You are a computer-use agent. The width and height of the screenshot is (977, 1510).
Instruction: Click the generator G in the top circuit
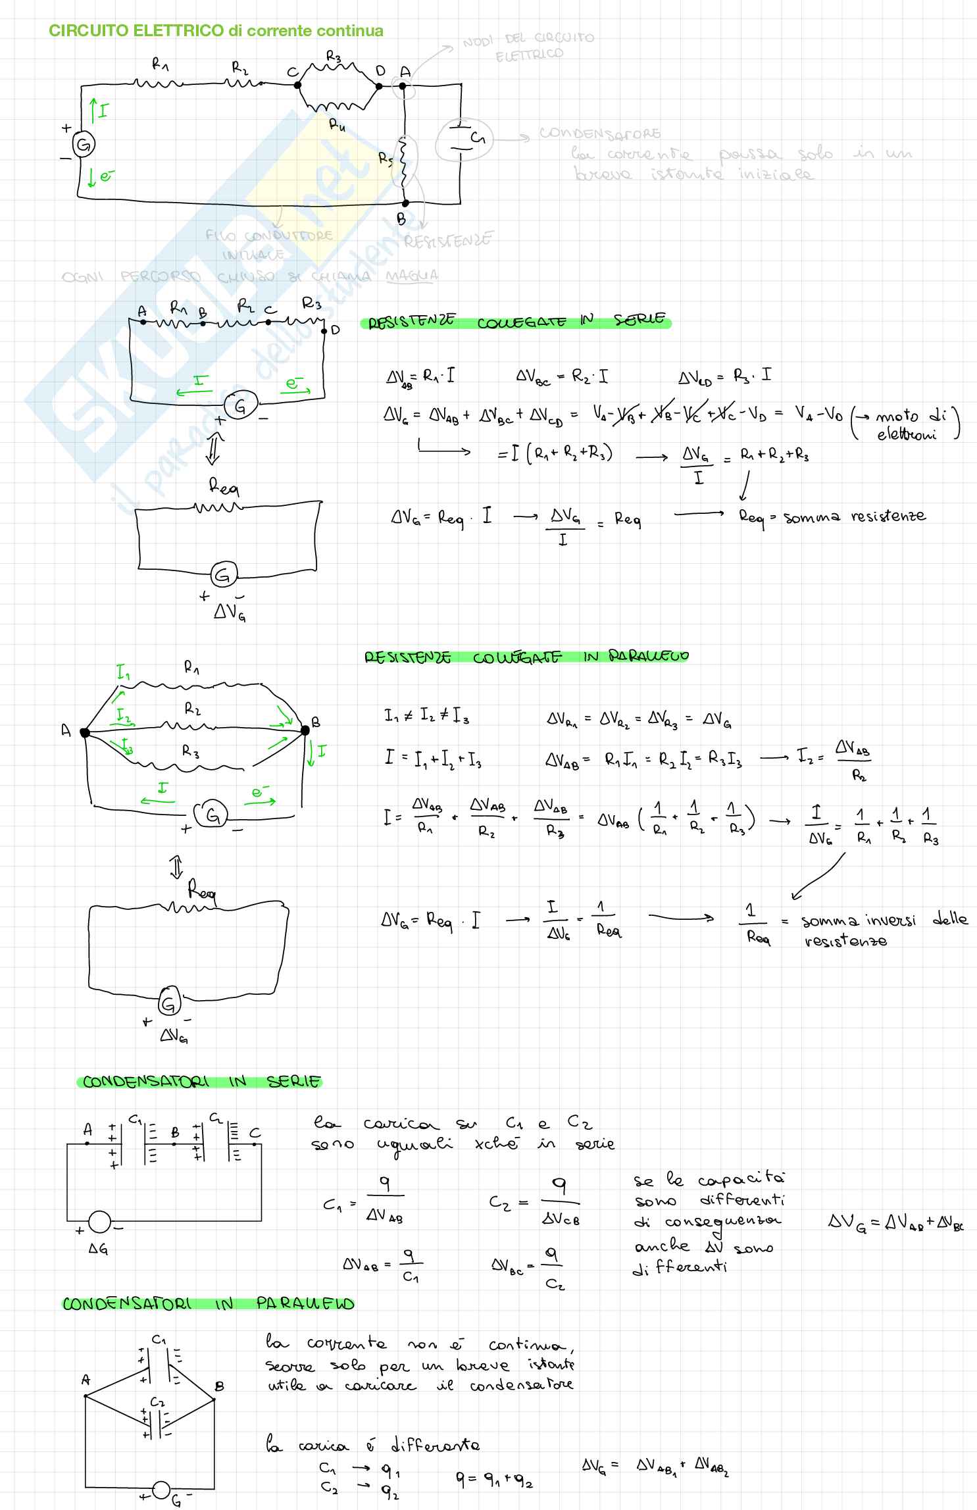[x=84, y=145]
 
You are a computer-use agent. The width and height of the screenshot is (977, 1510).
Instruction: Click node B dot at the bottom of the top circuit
[x=405, y=203]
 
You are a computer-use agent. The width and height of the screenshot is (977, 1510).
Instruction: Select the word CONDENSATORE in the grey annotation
[x=599, y=134]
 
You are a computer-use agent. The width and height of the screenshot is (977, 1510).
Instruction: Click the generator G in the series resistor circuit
[x=239, y=408]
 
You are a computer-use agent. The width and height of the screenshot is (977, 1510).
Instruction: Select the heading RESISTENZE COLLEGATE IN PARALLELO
[x=526, y=657]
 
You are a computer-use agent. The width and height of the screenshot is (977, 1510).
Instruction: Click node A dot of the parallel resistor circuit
[x=84, y=732]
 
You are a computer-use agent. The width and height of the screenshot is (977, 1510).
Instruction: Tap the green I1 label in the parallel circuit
[x=123, y=672]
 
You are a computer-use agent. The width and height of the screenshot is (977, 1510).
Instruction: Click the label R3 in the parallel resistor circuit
[x=191, y=752]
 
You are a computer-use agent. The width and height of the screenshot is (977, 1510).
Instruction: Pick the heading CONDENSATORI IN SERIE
[x=201, y=1082]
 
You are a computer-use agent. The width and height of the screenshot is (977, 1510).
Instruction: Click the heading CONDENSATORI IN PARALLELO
[x=208, y=1303]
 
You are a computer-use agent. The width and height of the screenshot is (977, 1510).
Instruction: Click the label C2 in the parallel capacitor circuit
[x=157, y=1402]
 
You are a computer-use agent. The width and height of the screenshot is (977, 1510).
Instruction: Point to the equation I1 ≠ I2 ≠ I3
[x=427, y=716]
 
